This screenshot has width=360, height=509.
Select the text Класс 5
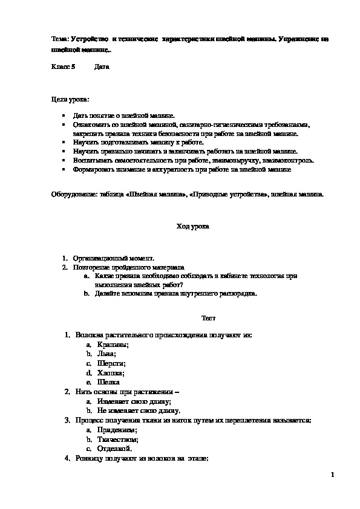point(63,66)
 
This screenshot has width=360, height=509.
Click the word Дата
point(102,66)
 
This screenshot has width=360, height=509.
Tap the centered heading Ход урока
point(192,227)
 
